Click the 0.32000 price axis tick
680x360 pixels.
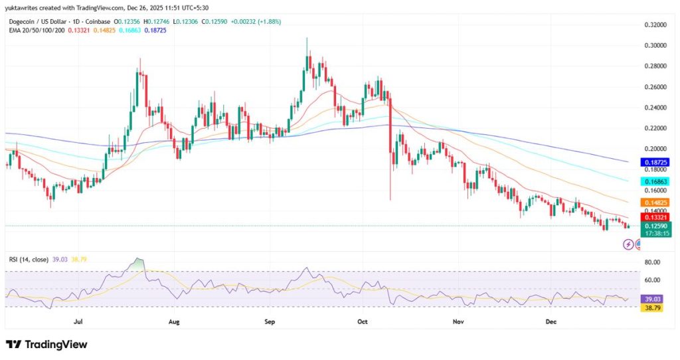(x=655, y=25)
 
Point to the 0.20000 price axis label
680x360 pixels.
(x=655, y=149)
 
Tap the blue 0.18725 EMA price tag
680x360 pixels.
(x=656, y=162)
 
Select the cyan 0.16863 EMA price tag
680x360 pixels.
(x=656, y=181)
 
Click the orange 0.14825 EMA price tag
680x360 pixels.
(x=656, y=202)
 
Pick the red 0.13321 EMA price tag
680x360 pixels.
(x=656, y=217)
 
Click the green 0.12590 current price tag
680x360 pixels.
(x=656, y=226)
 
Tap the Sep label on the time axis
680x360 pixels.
(x=270, y=321)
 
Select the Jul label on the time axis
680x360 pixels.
(x=78, y=321)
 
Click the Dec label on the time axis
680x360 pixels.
(x=551, y=321)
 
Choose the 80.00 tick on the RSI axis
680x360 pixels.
(x=653, y=262)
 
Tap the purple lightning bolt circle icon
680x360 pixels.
(x=628, y=244)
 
